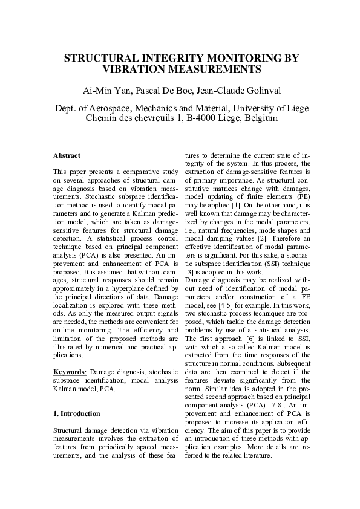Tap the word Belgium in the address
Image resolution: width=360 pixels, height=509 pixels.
pos(260,118)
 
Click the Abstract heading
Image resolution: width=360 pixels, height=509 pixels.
pos(67,156)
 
